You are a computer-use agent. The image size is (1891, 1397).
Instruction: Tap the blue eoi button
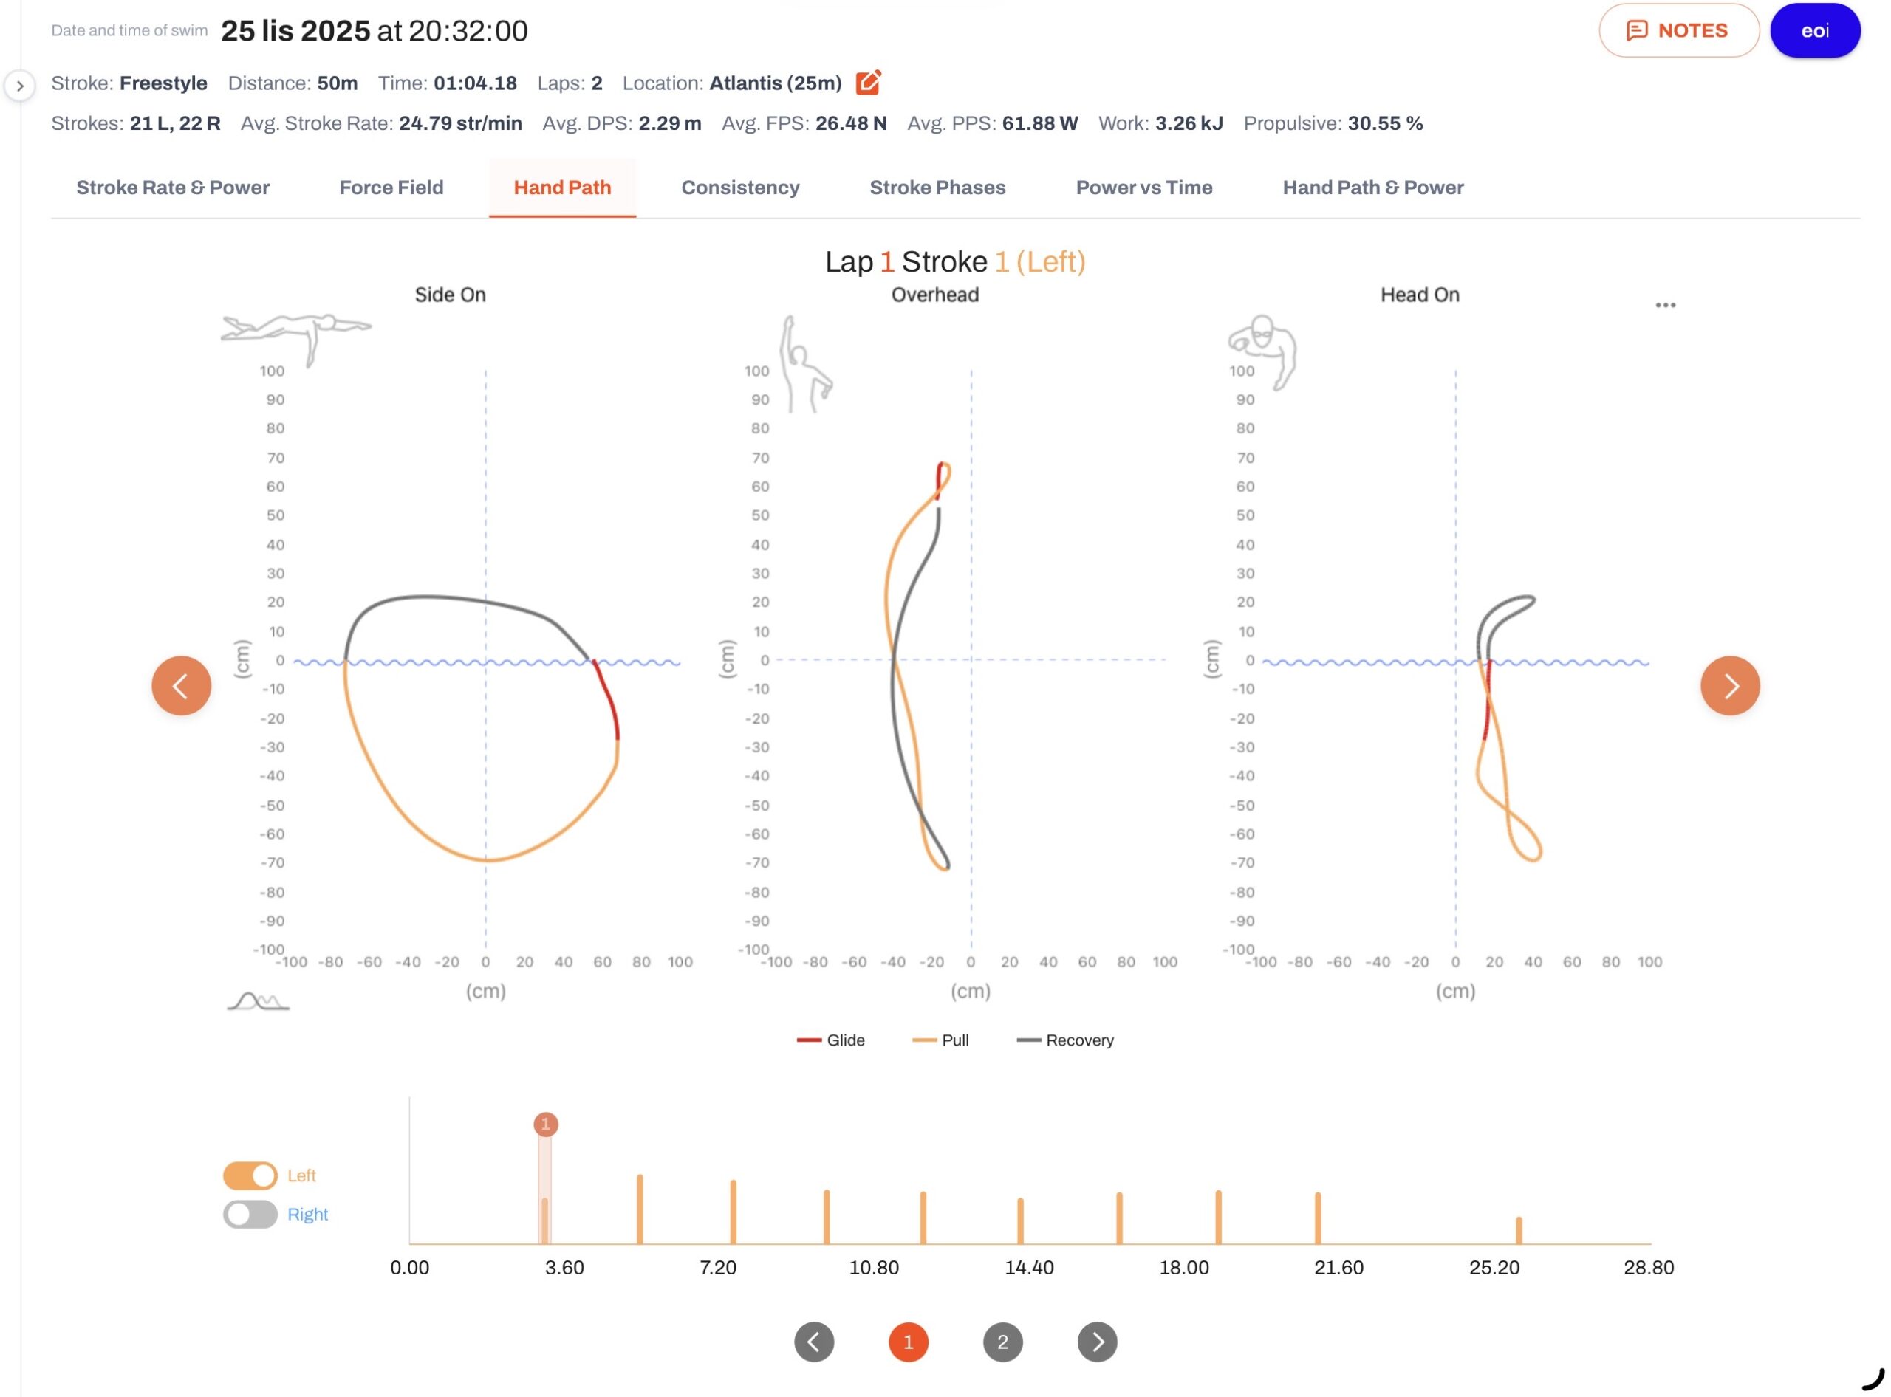pos(1814,30)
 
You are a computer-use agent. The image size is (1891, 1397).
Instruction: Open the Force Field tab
pos(391,188)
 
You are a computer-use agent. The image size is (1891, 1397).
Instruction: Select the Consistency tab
pos(740,188)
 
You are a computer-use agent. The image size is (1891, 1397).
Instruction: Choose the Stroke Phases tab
pos(937,188)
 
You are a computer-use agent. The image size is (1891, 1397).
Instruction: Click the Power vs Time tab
pos(1144,188)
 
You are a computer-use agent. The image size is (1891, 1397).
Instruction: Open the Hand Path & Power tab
pos(1372,188)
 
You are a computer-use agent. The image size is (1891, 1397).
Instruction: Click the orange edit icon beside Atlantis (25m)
pos(868,82)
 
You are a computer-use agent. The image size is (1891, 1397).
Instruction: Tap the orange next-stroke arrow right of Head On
pos(1729,686)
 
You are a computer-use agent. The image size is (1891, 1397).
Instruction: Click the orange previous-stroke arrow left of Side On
pos(181,686)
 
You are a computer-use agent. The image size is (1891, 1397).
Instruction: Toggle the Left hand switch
pos(250,1175)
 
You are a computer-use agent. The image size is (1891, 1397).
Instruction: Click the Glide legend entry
pos(831,1040)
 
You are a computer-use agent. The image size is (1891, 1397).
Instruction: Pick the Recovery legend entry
pos(1065,1040)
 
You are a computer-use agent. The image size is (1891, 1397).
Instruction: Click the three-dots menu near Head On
pos(1665,305)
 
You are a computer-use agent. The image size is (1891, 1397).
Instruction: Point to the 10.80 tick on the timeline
pos(873,1268)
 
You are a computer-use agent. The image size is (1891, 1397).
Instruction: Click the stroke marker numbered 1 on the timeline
pos(546,1124)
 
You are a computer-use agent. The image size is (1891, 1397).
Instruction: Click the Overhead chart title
pos(935,295)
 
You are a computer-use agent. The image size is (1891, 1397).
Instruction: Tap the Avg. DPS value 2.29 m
pos(669,123)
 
